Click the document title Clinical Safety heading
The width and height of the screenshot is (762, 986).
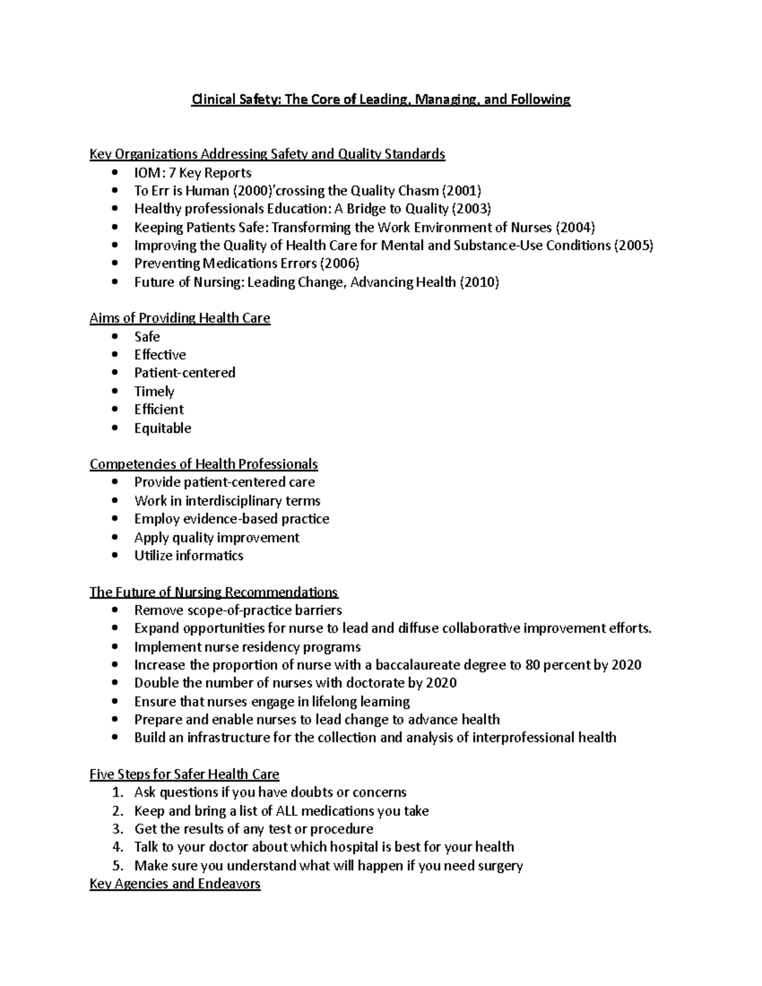[381, 100]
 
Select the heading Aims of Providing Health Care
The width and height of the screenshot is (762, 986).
[180, 318]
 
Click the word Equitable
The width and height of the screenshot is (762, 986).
[163, 429]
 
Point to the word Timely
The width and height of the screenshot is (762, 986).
[154, 392]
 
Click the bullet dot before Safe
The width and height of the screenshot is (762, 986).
[114, 336]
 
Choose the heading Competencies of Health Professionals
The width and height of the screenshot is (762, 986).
[203, 464]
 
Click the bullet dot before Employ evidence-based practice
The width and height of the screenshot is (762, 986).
[114, 519]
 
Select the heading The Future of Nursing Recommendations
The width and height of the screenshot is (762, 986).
[213, 592]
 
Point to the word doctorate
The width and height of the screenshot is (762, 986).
[376, 683]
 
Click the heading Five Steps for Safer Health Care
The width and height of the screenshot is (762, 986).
[184, 775]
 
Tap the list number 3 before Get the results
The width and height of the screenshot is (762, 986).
[117, 829]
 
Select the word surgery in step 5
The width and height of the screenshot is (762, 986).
[498, 866]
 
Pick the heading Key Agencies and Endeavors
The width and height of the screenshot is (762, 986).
[175, 884]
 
